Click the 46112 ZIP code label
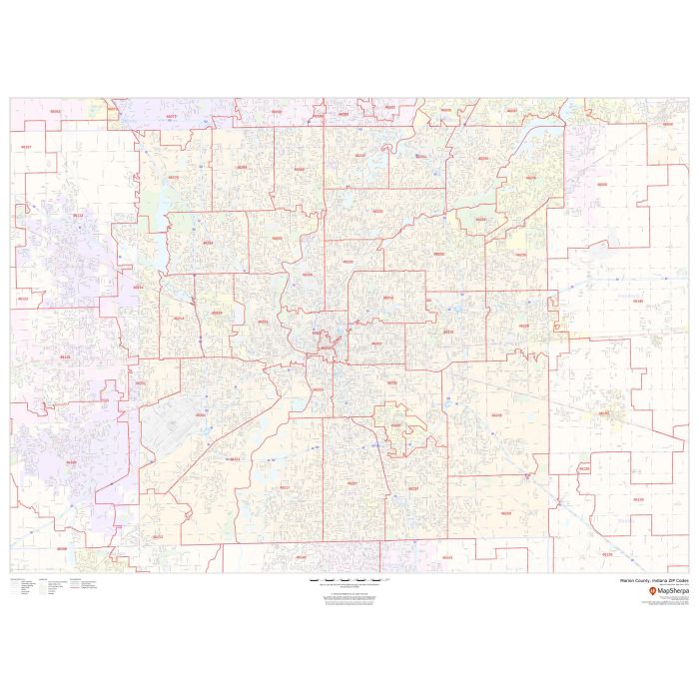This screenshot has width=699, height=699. [x=77, y=216]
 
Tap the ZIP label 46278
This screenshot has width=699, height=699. [x=173, y=178]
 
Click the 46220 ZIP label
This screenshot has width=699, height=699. [x=378, y=212]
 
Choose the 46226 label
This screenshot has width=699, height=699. [x=436, y=254]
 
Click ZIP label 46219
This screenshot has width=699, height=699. [x=447, y=332]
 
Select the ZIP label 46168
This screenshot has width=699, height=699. [x=70, y=462]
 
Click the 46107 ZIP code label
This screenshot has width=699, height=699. [x=395, y=425]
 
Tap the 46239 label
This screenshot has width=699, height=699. [x=496, y=414]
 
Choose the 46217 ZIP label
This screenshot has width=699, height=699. [x=285, y=487]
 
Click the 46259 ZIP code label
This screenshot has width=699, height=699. [x=506, y=513]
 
